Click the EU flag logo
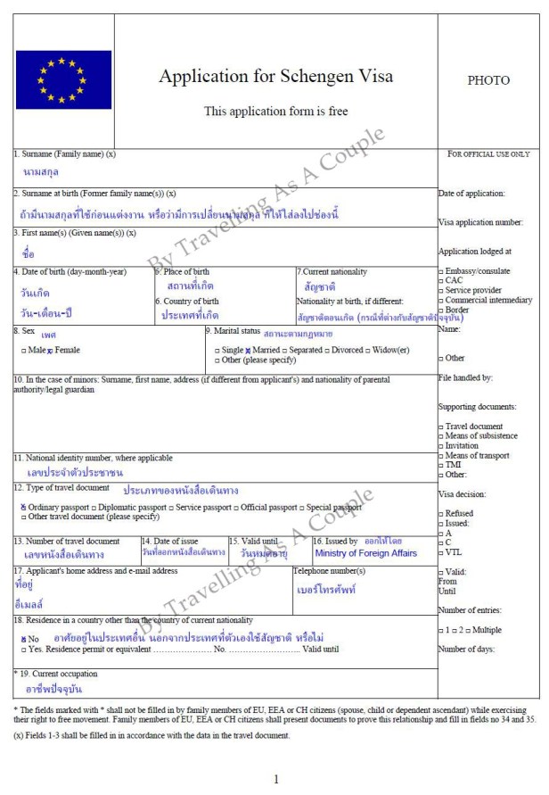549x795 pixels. click(63, 79)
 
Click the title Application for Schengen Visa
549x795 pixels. click(275, 76)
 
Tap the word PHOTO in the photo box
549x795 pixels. click(488, 80)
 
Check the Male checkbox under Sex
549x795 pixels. click(22, 351)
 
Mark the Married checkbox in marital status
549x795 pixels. click(248, 351)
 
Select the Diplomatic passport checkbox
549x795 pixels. click(94, 507)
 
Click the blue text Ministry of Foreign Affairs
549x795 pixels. click(365, 553)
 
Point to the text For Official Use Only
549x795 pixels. click(488, 154)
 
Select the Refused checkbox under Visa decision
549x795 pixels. click(441, 513)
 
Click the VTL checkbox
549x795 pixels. click(441, 552)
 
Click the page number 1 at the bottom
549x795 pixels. click(276, 778)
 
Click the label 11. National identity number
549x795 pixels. click(94, 458)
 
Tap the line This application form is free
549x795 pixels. click(275, 112)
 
